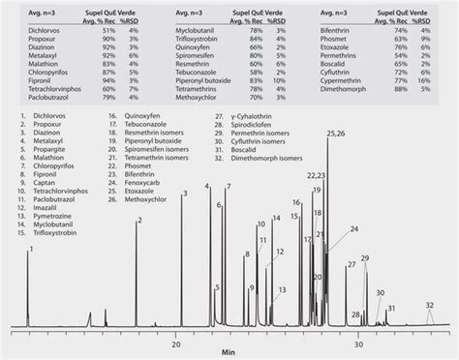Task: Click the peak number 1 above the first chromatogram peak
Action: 30,250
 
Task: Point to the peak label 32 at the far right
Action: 429,306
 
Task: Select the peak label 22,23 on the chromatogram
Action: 316,176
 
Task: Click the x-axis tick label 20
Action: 176,343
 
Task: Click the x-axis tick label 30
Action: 358,343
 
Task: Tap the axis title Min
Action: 228,353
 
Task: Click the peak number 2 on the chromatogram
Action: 138,222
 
